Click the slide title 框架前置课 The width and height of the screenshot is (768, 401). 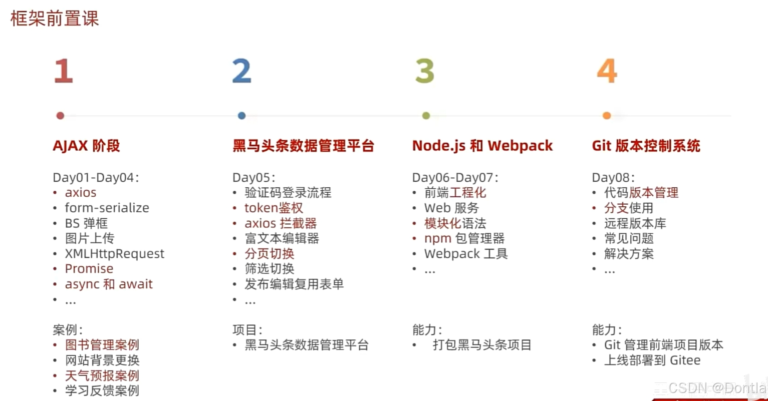pos(55,18)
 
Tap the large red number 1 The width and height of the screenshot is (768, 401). pos(64,71)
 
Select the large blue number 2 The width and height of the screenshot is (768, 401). pos(241,71)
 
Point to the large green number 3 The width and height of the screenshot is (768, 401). pos(425,71)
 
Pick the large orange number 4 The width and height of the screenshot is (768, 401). pos(607,71)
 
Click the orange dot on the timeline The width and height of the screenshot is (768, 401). pos(607,116)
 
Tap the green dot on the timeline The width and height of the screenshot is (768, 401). pos(426,116)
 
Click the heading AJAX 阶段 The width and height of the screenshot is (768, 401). pos(86,146)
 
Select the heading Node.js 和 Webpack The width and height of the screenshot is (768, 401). pos(482,146)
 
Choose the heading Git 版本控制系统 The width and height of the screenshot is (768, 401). pos(646,146)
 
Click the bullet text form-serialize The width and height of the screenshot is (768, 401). pos(107,208)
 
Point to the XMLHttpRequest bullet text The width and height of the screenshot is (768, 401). pos(114,254)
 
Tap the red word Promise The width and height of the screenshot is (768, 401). pos(89,269)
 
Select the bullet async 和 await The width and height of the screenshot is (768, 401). pos(109,284)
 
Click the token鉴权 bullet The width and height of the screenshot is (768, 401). pos(274,208)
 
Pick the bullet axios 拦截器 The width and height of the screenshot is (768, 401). pos(281,223)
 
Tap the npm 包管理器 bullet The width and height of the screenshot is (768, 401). pos(464,239)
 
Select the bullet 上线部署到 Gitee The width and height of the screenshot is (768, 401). pos(652,360)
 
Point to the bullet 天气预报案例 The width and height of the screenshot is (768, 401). pos(102,375)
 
